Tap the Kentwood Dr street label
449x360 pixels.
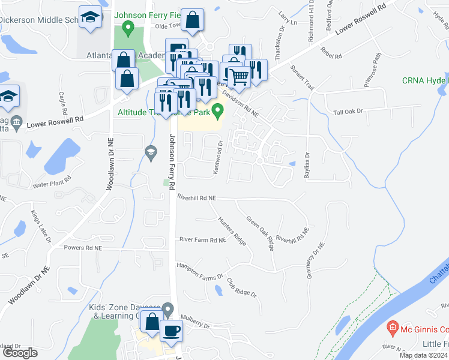tap(219, 157)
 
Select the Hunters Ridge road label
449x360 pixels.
tap(232, 230)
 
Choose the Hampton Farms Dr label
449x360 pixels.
tap(199, 271)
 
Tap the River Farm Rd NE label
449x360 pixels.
tap(202, 240)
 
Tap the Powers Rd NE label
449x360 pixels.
tap(82, 247)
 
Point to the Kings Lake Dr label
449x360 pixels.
tap(41, 226)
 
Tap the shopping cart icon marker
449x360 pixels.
tap(240, 75)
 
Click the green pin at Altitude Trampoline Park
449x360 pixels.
tap(219, 110)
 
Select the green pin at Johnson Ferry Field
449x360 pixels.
tap(127, 27)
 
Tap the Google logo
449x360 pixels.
tap(20, 353)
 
